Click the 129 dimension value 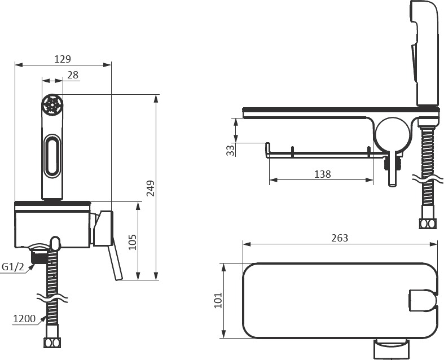[63, 59]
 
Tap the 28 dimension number [73, 75]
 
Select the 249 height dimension [151, 188]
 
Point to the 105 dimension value [133, 242]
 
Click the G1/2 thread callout [13, 267]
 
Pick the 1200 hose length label [24, 319]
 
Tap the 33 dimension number [231, 150]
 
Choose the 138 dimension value [323, 174]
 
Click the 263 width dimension [340, 238]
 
